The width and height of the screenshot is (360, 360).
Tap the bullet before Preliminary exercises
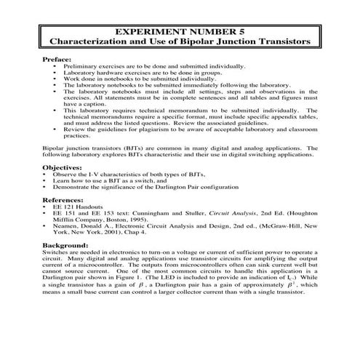coord(56,65)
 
